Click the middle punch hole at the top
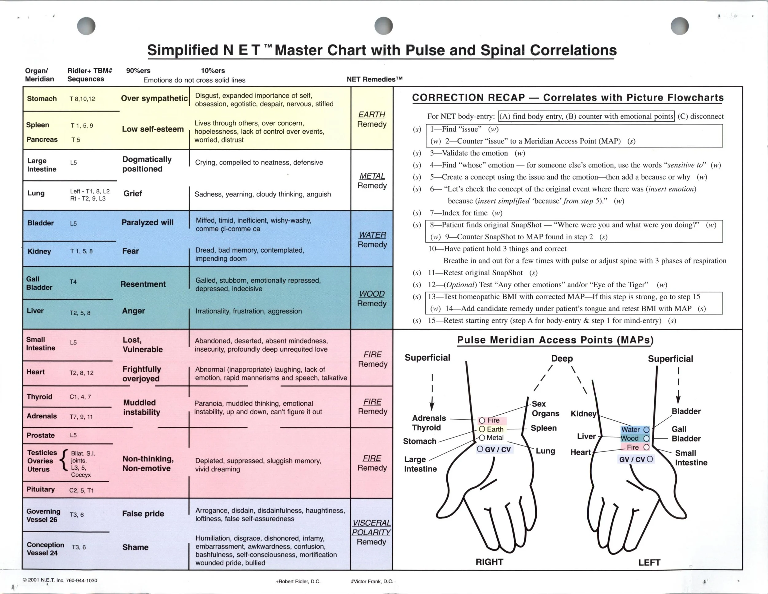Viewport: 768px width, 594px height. [x=383, y=26]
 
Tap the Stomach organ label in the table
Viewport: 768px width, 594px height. [x=41, y=98]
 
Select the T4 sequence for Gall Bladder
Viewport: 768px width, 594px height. [x=73, y=282]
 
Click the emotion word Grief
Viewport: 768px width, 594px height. [x=133, y=193]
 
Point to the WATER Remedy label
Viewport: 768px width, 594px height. [x=372, y=239]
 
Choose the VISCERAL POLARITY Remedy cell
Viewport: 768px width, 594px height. [x=371, y=532]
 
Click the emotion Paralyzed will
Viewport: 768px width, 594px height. [x=147, y=222]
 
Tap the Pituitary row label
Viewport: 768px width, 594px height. [x=41, y=489]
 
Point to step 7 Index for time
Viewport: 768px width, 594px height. [x=466, y=213]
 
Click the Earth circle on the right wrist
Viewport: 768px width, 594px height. [x=482, y=429]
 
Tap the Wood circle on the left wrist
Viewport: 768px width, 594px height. [x=646, y=438]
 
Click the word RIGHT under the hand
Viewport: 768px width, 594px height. [x=489, y=562]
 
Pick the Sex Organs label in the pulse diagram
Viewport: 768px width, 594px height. [x=545, y=408]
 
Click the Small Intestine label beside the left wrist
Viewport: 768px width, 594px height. [x=691, y=458]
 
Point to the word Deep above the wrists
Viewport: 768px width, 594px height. [x=562, y=358]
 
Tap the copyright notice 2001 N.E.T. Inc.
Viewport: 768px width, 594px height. [x=60, y=580]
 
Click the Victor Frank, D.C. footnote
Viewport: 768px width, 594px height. [x=372, y=581]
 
